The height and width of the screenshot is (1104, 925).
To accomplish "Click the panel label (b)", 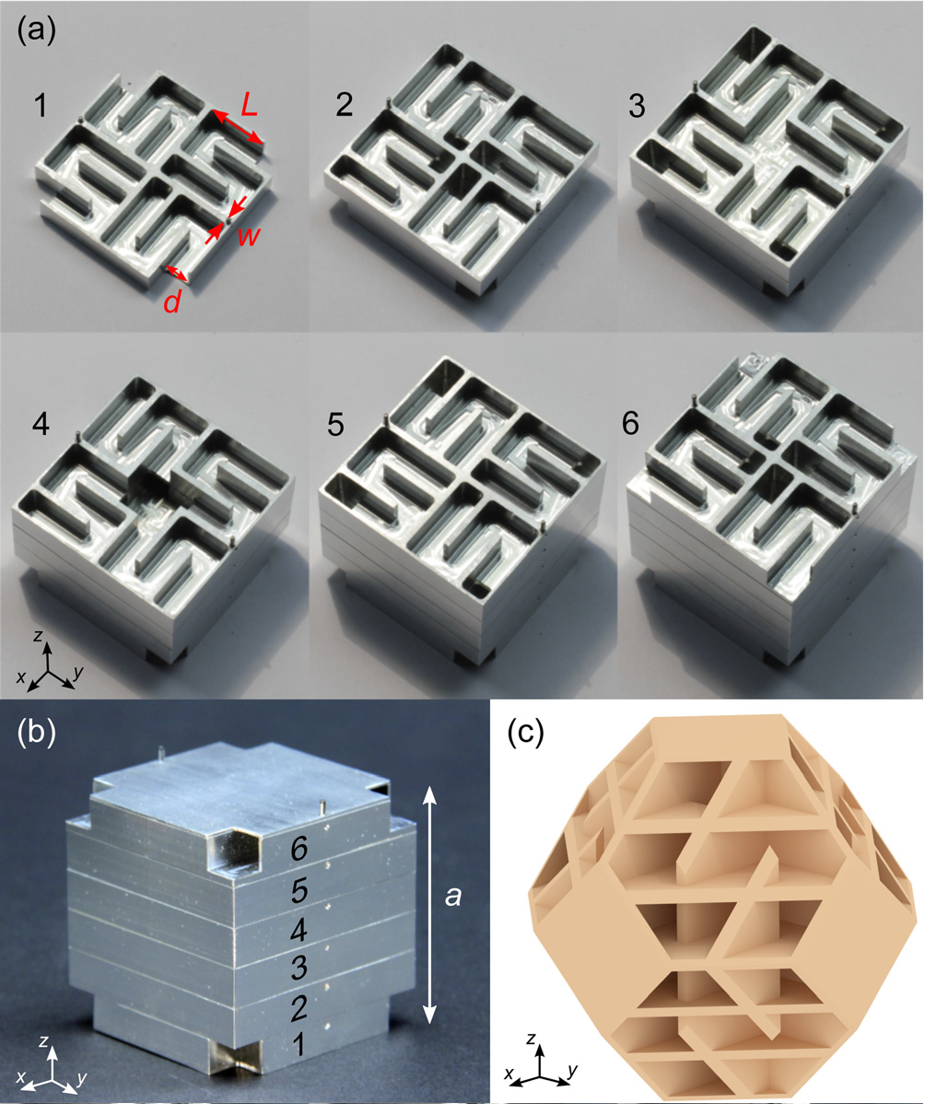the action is (x=36, y=732).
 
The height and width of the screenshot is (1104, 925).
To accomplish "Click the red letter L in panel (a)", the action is (x=249, y=105).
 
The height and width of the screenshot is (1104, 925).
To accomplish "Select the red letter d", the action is (x=171, y=300).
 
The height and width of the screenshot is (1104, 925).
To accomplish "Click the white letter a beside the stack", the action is (x=454, y=896).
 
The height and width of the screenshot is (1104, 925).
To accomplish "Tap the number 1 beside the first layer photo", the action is (x=41, y=106).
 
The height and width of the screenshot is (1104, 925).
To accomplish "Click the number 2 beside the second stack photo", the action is (x=345, y=106).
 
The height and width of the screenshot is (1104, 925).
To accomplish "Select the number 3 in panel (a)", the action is (x=637, y=106).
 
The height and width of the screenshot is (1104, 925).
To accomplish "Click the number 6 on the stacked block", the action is (x=299, y=849).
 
